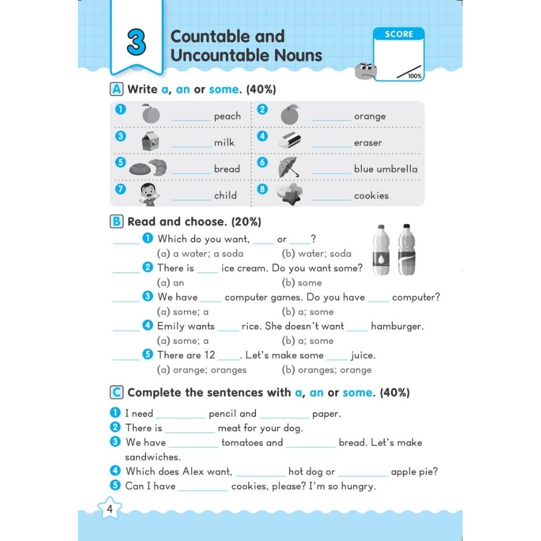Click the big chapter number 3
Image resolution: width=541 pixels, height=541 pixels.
coord(136,43)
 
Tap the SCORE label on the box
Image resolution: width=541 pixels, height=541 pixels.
coord(399,34)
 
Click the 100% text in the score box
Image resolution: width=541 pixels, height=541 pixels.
coord(415,76)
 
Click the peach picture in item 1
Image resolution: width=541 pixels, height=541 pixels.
coord(151,115)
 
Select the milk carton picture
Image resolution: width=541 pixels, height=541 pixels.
coord(150,141)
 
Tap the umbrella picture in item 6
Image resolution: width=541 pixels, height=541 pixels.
coord(288,167)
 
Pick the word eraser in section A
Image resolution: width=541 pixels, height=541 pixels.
coord(368,143)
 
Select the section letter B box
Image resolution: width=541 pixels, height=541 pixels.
coord(116,222)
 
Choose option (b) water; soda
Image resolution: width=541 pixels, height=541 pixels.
coord(316,254)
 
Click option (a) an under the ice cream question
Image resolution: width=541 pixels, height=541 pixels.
coord(170,283)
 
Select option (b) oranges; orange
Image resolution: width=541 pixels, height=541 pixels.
coord(327,370)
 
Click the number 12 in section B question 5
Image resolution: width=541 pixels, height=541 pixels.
coord(209,355)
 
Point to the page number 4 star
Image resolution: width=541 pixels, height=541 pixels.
coord(110,509)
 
